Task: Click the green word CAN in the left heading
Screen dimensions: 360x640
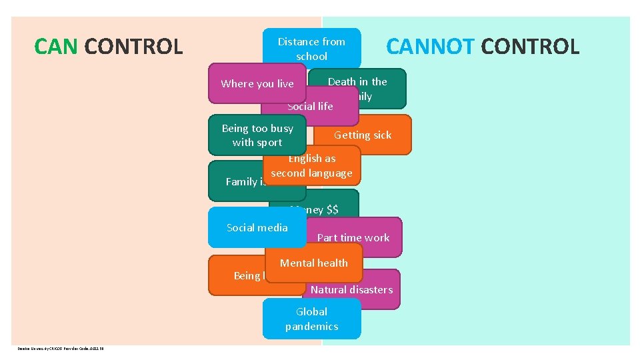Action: pos(57,47)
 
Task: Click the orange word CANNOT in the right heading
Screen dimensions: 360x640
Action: pos(430,47)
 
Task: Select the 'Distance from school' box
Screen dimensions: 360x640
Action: pos(311,49)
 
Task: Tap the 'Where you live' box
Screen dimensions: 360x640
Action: pos(257,83)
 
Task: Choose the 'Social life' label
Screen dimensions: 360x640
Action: pos(310,107)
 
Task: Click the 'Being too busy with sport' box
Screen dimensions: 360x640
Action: pos(257,135)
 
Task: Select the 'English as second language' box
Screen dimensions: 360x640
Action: pos(311,166)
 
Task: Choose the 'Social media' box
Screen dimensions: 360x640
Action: pos(257,228)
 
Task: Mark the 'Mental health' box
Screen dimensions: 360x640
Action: pos(313,263)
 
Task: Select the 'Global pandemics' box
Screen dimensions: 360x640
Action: pos(311,319)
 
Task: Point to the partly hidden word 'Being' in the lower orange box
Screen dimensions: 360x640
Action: pos(247,276)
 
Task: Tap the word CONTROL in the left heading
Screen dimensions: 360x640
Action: pos(134,47)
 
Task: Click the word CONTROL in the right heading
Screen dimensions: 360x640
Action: pos(530,47)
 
